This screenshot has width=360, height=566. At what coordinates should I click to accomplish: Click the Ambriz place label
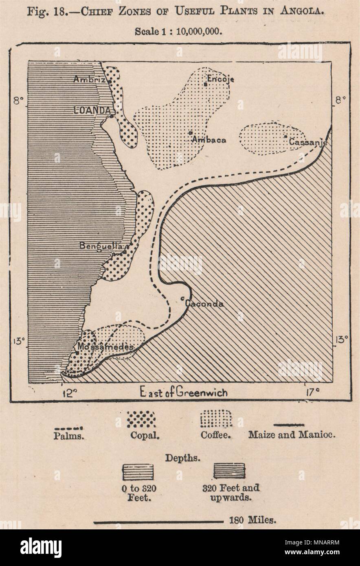pos(89,80)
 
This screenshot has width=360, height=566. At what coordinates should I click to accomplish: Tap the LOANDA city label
pos(92,110)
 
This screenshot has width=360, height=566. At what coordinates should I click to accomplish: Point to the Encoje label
pos(220,79)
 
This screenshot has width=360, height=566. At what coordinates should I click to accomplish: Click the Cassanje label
pos(307,142)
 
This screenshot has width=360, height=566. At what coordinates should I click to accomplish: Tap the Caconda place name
pos(204,304)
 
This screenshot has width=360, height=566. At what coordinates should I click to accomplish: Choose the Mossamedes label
pos(100,347)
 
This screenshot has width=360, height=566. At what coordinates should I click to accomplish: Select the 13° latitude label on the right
pos(341,339)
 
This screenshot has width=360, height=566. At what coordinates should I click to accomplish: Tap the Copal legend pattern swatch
pos(141,418)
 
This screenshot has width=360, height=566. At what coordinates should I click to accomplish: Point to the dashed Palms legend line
pos(69,428)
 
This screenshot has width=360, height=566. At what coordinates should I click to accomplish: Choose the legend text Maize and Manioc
pos(292,434)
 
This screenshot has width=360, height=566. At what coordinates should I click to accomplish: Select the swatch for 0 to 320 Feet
pos(138,472)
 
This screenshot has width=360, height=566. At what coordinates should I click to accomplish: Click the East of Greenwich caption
pos(184,393)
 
